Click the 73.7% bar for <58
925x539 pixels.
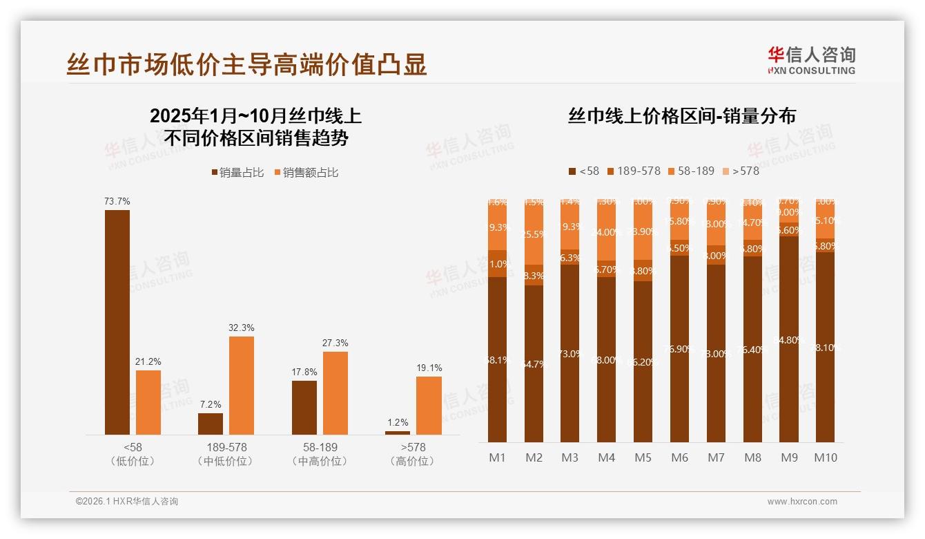click(x=117, y=322)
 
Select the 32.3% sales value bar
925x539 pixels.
click(x=242, y=385)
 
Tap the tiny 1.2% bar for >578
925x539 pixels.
click(x=398, y=433)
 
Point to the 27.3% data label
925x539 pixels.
click(x=335, y=343)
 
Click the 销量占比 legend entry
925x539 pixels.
click(x=237, y=173)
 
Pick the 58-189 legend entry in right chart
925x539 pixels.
click(x=690, y=171)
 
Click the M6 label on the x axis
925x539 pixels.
click(x=680, y=457)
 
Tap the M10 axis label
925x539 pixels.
click(x=826, y=457)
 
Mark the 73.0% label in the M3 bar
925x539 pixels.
click(x=570, y=354)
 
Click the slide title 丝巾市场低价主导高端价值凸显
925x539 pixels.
click(x=246, y=64)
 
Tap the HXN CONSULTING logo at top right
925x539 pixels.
click(x=811, y=60)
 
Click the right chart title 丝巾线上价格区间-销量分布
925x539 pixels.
click(x=681, y=115)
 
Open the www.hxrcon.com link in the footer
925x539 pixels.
click(x=802, y=502)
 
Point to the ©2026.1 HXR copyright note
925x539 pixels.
click(x=127, y=502)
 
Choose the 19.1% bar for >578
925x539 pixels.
click(x=429, y=406)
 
